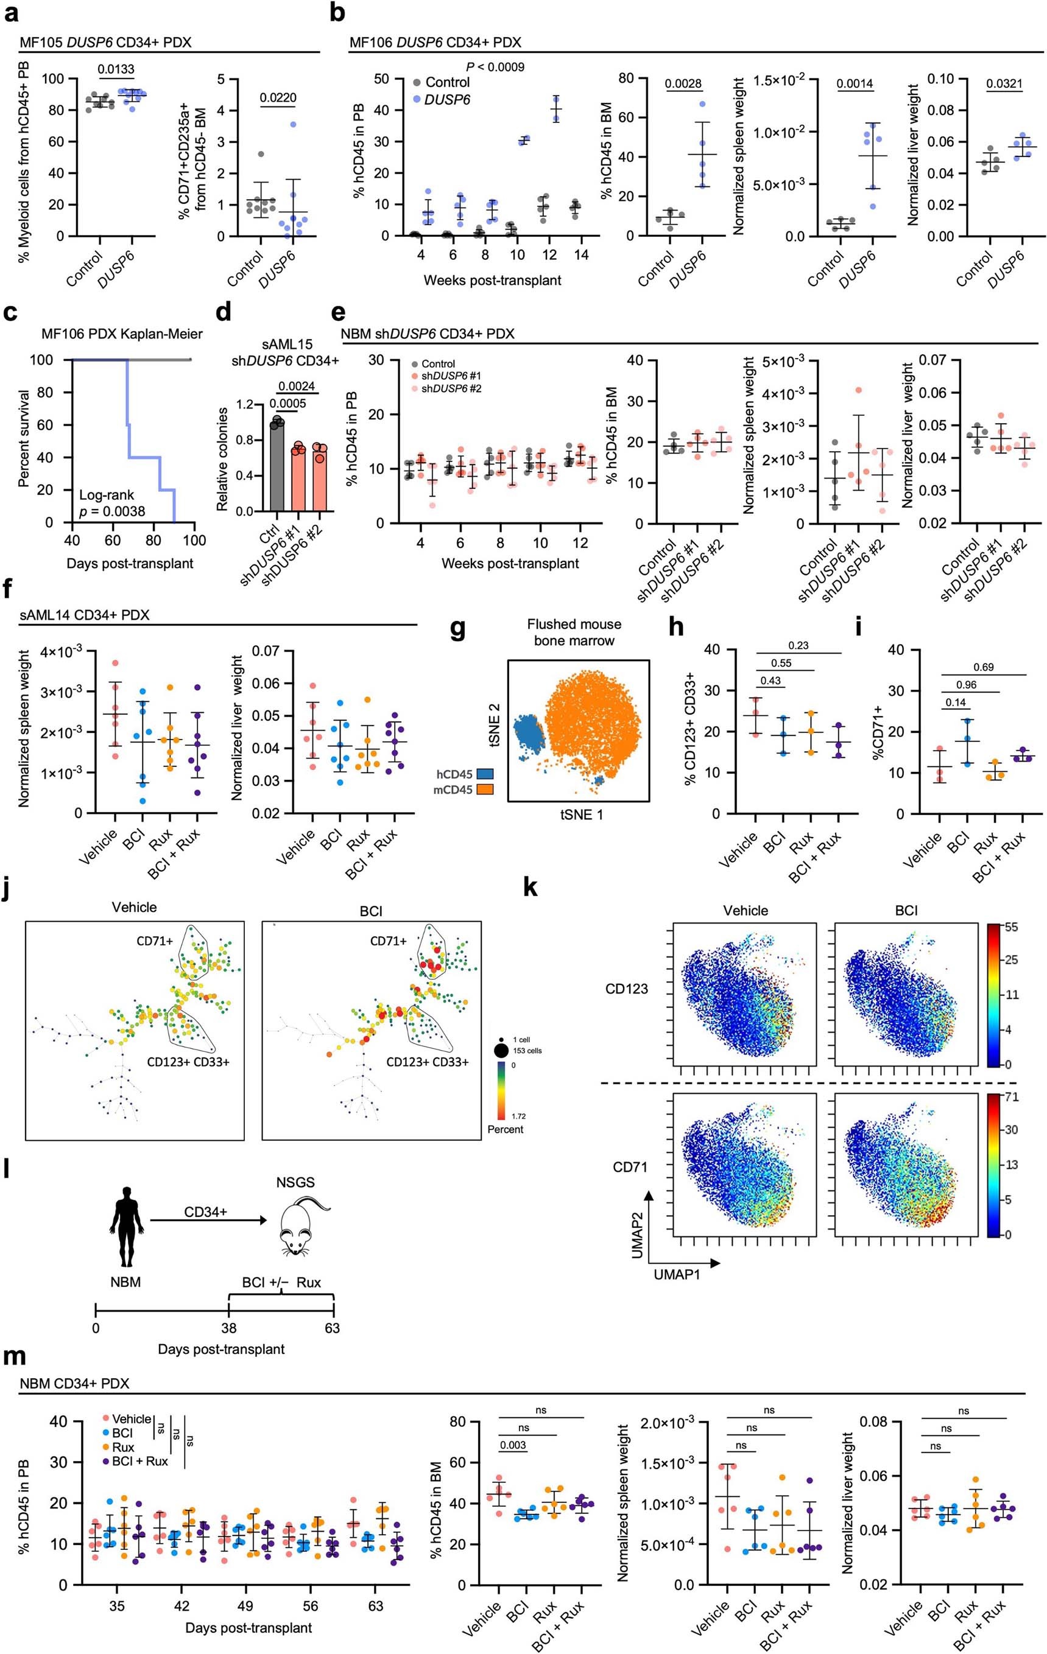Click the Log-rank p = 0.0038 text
point(111,503)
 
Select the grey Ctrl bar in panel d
point(276,467)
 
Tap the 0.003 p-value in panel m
point(513,1445)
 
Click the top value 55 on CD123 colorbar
point(1011,927)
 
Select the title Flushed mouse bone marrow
point(574,632)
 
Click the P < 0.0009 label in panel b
point(495,66)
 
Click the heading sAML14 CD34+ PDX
point(85,615)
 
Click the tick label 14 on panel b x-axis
point(581,255)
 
